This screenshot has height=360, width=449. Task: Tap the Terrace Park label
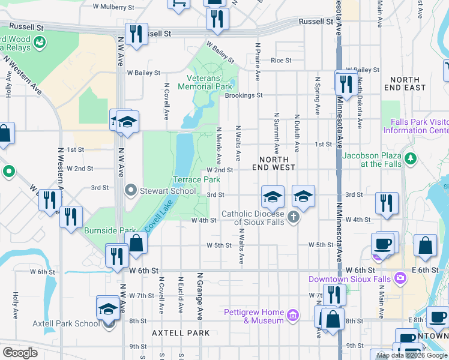coord(197,179)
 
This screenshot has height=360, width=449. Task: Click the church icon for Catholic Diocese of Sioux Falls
coord(293,216)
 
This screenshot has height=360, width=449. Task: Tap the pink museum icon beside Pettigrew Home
coord(292,315)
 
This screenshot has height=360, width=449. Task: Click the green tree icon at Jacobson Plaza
coord(411,159)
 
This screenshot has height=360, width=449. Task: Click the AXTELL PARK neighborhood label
coord(181,332)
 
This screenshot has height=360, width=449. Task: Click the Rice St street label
coord(280,61)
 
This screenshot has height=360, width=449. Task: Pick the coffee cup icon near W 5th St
coord(383,243)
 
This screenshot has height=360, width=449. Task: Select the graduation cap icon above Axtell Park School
coord(108,309)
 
